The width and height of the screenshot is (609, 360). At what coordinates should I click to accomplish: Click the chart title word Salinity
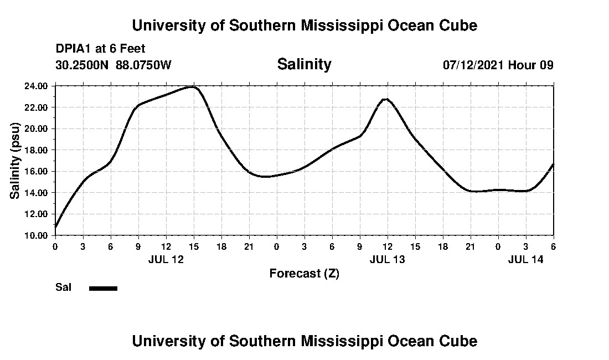click(304, 64)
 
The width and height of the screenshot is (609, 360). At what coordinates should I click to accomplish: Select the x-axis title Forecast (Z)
click(304, 273)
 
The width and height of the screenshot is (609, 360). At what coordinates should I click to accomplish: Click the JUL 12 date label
click(166, 259)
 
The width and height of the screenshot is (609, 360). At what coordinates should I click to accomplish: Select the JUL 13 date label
click(387, 259)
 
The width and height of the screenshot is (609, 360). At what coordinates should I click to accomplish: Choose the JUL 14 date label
click(525, 259)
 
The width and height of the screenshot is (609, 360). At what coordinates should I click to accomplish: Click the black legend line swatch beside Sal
click(103, 288)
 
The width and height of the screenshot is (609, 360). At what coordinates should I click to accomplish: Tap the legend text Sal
click(63, 287)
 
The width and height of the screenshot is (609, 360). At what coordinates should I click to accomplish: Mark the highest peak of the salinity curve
click(193, 86)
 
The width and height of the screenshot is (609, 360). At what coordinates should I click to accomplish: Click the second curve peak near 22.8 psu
click(386, 99)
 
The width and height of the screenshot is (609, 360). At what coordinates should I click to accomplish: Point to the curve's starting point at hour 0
click(55, 227)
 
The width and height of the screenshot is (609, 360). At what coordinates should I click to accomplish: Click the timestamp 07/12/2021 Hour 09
click(498, 65)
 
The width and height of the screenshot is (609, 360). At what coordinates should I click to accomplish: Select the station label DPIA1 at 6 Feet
click(100, 49)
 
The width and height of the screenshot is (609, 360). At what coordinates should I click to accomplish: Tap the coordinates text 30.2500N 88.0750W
click(113, 65)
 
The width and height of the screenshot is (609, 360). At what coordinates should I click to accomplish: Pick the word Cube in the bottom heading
click(461, 341)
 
